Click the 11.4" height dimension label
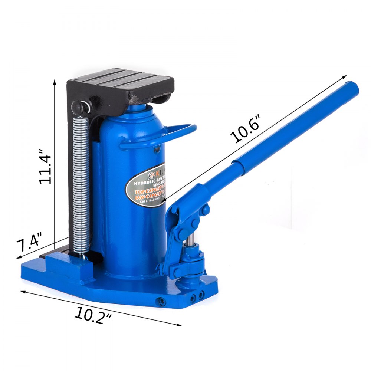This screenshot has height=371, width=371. pos(46,166)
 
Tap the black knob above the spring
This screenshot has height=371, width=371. pos(79,107)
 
